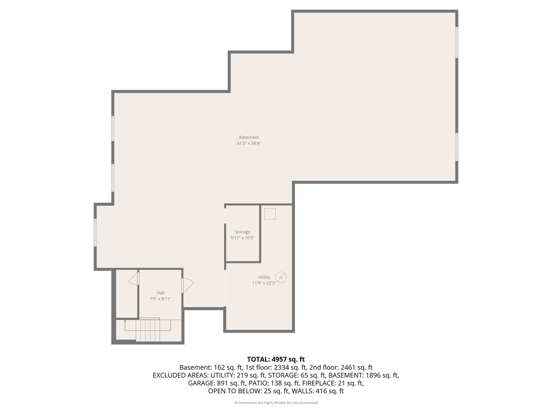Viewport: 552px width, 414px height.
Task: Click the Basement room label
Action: [x=249, y=137]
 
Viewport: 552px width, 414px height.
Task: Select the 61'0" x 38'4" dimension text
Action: [x=249, y=143]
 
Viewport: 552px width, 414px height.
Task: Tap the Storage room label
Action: [x=242, y=232]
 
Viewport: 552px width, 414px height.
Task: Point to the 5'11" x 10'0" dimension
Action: [x=242, y=238]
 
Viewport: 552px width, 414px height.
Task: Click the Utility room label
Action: [x=264, y=277]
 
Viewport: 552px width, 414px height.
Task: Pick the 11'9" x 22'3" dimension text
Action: [x=264, y=283]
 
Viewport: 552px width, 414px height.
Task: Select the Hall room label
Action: [x=160, y=293]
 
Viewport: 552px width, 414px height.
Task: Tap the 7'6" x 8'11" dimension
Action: [x=160, y=299]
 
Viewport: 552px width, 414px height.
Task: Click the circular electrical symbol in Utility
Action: [x=281, y=277]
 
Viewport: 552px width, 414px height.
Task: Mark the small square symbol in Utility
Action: [x=270, y=214]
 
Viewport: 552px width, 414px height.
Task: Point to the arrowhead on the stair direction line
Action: [x=125, y=321]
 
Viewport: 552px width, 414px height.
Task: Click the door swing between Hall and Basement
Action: [x=188, y=285]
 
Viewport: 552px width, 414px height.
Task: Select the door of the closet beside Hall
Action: [x=134, y=279]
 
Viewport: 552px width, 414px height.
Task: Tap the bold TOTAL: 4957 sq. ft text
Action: [x=276, y=359]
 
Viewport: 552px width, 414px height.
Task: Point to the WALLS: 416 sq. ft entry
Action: [x=317, y=391]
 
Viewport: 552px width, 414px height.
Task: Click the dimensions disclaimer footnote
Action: [x=276, y=402]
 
